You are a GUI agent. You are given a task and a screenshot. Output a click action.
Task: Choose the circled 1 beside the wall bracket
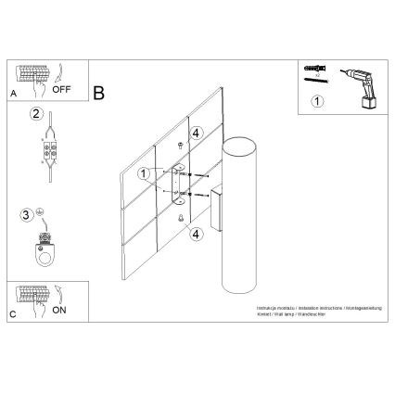coord(143,173)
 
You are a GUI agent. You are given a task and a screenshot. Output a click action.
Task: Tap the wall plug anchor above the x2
coord(314,68)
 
